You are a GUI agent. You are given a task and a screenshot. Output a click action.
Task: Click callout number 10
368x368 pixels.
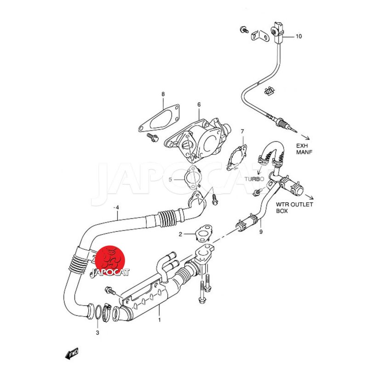point(299,36)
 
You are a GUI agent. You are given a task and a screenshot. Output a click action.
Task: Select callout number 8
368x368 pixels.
point(163,94)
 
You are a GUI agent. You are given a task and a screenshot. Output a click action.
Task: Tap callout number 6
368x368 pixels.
point(199,104)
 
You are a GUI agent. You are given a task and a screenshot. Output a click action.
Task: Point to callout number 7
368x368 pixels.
point(242,132)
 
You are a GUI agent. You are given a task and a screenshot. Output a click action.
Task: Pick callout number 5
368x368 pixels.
point(170,179)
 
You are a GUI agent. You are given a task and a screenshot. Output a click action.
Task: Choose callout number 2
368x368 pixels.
point(180,234)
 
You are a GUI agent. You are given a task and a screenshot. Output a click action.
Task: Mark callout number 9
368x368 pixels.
point(261,232)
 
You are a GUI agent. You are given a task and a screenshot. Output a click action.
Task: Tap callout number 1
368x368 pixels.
point(159,320)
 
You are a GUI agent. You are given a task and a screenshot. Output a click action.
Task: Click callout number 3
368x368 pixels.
point(98,333)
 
